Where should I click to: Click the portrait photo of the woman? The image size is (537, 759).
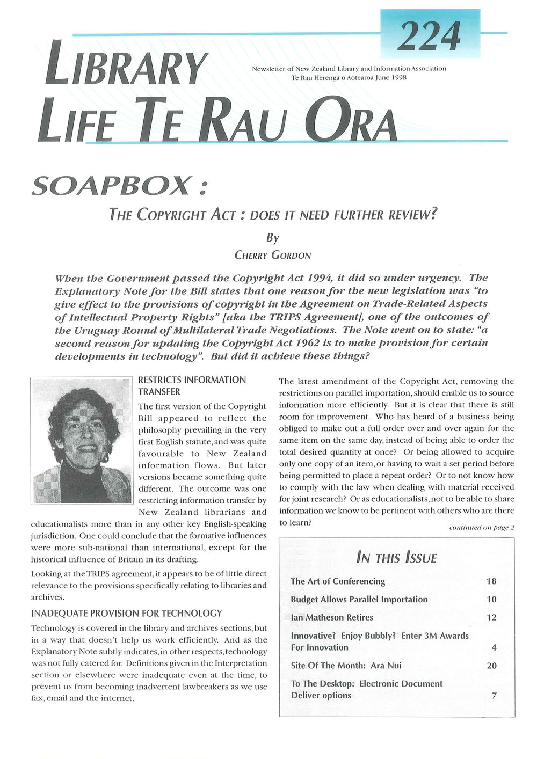click(81, 440)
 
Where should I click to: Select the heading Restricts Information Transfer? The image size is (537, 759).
click(192, 385)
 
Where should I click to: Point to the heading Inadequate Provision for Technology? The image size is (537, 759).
click(126, 613)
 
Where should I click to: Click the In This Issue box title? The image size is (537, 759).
click(396, 558)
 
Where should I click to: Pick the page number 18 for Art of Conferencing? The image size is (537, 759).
click(491, 581)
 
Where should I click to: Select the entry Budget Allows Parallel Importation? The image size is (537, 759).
click(359, 599)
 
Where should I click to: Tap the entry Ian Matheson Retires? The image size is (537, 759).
click(331, 617)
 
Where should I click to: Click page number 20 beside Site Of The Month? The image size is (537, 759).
click(491, 666)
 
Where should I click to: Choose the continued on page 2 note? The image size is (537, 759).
click(481, 527)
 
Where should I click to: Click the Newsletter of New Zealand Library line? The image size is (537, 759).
click(349, 69)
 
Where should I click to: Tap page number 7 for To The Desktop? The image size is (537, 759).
click(494, 696)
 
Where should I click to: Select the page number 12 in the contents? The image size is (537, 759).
click(491, 617)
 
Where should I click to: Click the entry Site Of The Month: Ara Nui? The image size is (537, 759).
click(346, 666)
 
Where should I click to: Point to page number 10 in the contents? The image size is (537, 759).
click(491, 599)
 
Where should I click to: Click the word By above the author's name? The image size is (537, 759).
click(272, 237)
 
